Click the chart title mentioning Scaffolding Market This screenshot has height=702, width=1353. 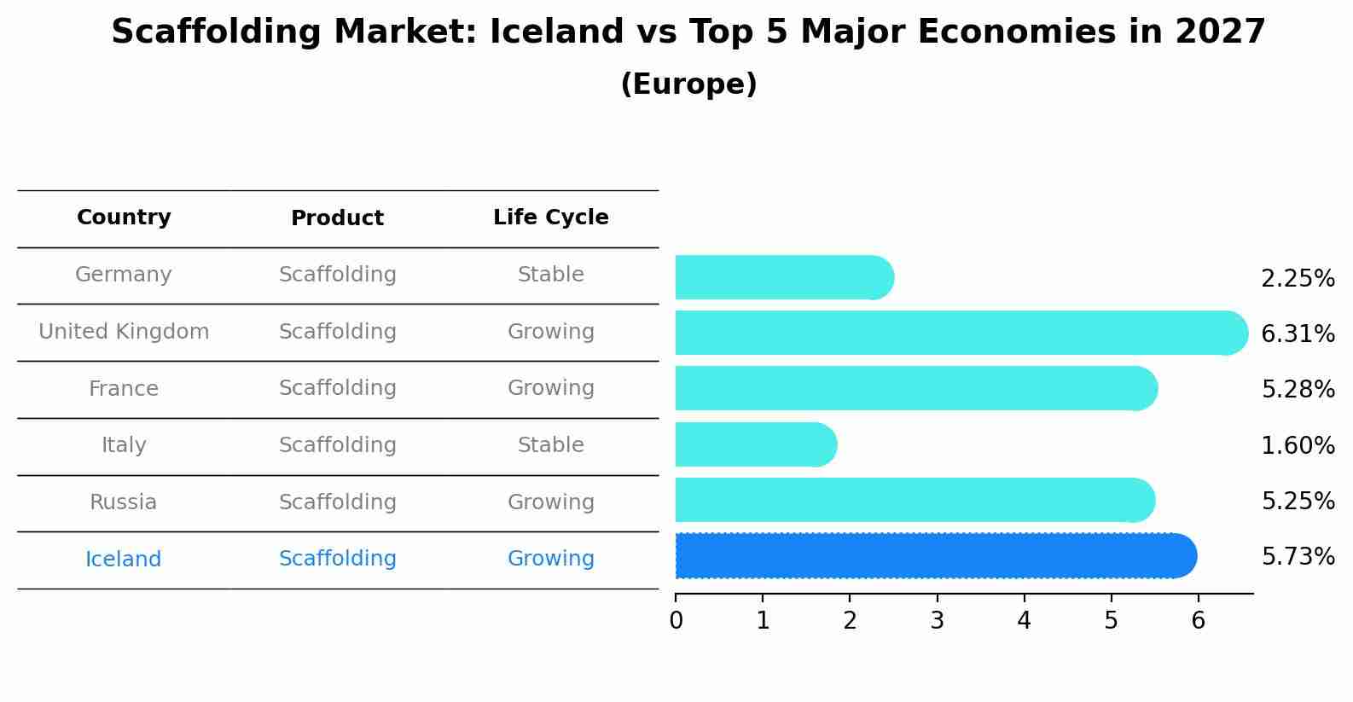688,32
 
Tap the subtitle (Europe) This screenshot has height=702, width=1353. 688,84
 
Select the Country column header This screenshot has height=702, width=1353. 124,217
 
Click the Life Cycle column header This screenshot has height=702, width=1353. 551,217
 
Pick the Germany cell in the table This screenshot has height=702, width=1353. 123,275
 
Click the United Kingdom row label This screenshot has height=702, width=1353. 124,331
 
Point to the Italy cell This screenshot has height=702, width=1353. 123,445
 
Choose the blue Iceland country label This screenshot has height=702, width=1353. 123,559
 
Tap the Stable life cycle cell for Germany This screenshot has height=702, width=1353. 551,275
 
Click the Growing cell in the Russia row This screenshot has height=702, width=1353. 551,502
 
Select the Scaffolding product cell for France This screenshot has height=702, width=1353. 338,388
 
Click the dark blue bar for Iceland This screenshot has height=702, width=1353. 936,556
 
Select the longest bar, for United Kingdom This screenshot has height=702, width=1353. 961,333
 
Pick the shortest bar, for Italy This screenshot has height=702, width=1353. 756,444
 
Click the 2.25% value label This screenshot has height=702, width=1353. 1298,279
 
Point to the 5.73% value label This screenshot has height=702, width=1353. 1298,556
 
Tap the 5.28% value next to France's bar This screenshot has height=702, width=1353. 1298,389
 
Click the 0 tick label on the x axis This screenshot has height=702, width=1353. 676,620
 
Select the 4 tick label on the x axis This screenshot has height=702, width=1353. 1024,620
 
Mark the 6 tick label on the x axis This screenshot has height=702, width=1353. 1199,620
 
